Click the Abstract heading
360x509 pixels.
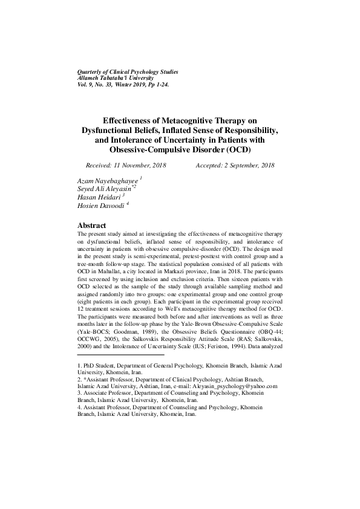[91, 225]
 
